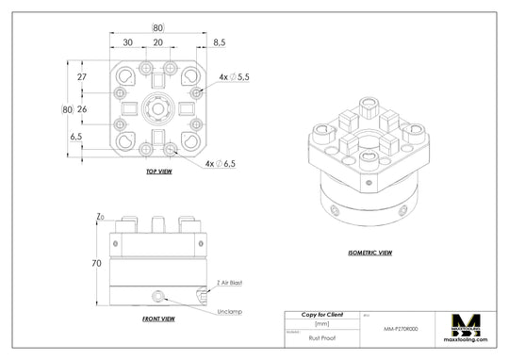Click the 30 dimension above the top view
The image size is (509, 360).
point(126,42)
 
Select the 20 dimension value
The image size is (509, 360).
point(157,42)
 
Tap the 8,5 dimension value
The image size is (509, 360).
point(219,42)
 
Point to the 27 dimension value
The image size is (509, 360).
point(81,76)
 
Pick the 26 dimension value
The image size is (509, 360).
point(81,109)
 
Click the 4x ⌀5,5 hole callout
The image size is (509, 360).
point(234,76)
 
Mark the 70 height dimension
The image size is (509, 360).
point(96,264)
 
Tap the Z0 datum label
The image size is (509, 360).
point(100,217)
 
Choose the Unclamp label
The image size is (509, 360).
point(230,311)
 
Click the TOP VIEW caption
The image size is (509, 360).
point(158,172)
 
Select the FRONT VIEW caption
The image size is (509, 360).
point(157,319)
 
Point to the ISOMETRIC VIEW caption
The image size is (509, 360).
point(370,253)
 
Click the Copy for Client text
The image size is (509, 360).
point(321,315)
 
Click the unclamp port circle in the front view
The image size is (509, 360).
point(158,297)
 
